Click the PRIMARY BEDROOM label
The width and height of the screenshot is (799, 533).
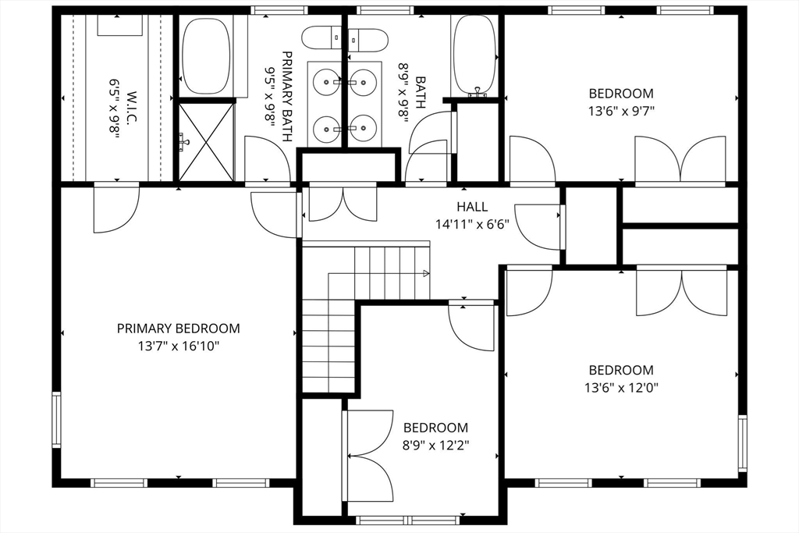pos(179,329)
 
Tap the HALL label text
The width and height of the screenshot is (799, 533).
pos(472,207)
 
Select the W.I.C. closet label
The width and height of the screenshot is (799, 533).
pos(131,107)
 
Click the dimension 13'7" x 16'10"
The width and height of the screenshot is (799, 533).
pos(179,346)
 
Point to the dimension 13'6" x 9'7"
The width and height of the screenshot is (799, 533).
pos(621,111)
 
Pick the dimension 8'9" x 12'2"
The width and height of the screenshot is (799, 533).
pos(435,446)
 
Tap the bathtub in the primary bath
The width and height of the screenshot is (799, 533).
pos(206,56)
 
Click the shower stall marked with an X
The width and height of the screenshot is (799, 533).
pos(206,142)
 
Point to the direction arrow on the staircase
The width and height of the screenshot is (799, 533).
pos(426,274)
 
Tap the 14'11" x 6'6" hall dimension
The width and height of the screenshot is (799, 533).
pos(472,225)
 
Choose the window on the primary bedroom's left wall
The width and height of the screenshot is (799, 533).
pos(56,419)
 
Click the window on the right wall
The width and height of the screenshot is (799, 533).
pos(743,443)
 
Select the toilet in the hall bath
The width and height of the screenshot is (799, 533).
pos(368,40)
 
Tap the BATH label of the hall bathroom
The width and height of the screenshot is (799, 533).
pos(421,92)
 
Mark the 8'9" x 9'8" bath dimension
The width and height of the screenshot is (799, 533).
pos(403,93)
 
